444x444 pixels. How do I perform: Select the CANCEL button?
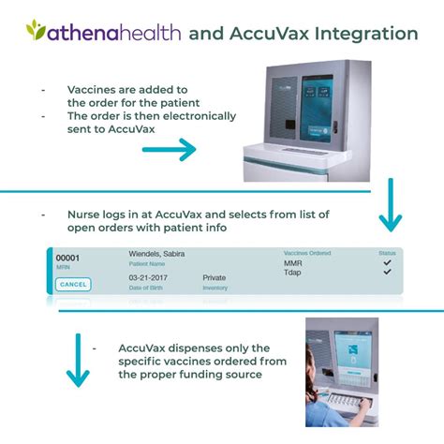(x=73, y=285)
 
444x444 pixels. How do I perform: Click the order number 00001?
(x=67, y=258)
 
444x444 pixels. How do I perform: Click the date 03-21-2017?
(x=150, y=278)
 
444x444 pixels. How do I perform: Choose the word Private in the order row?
(x=215, y=278)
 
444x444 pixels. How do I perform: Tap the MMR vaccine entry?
(x=292, y=264)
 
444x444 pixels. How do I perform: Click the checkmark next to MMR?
(x=387, y=264)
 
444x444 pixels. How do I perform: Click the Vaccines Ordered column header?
(x=307, y=253)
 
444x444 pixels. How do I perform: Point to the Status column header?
(x=387, y=253)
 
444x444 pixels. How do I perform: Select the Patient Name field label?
(x=145, y=263)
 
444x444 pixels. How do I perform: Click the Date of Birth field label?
(x=145, y=288)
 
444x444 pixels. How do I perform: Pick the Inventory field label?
(x=215, y=288)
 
